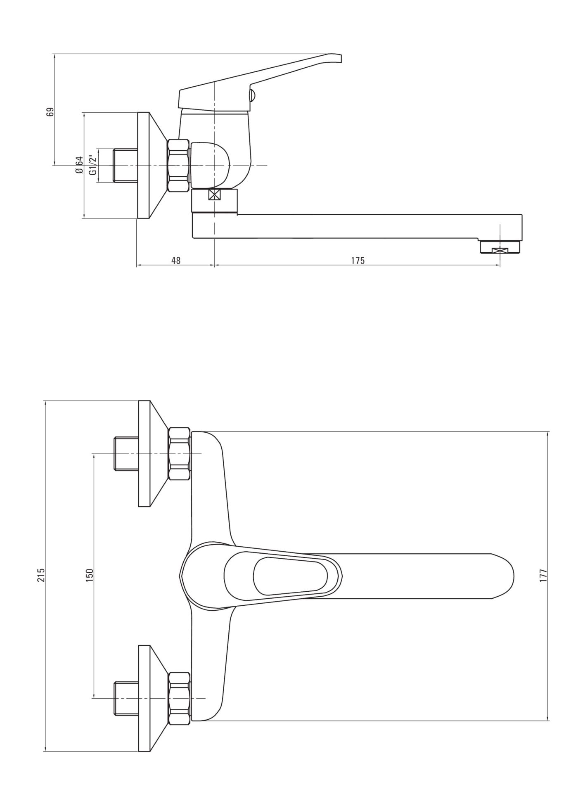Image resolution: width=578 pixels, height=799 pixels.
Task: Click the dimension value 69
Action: [50, 112]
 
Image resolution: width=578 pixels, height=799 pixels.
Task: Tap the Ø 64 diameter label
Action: [80, 165]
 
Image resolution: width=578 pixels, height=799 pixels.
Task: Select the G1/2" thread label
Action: [93, 165]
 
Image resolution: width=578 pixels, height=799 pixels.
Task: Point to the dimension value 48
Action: [176, 261]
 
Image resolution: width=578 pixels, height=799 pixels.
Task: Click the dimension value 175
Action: [358, 261]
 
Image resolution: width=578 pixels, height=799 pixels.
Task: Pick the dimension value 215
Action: [41, 575]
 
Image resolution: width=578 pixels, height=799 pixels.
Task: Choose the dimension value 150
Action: [90, 575]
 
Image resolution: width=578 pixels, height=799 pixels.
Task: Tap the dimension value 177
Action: [543, 575]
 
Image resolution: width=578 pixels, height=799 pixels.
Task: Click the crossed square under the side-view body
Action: [215, 195]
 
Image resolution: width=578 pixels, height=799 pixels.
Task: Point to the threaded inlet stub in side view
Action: [126, 165]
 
